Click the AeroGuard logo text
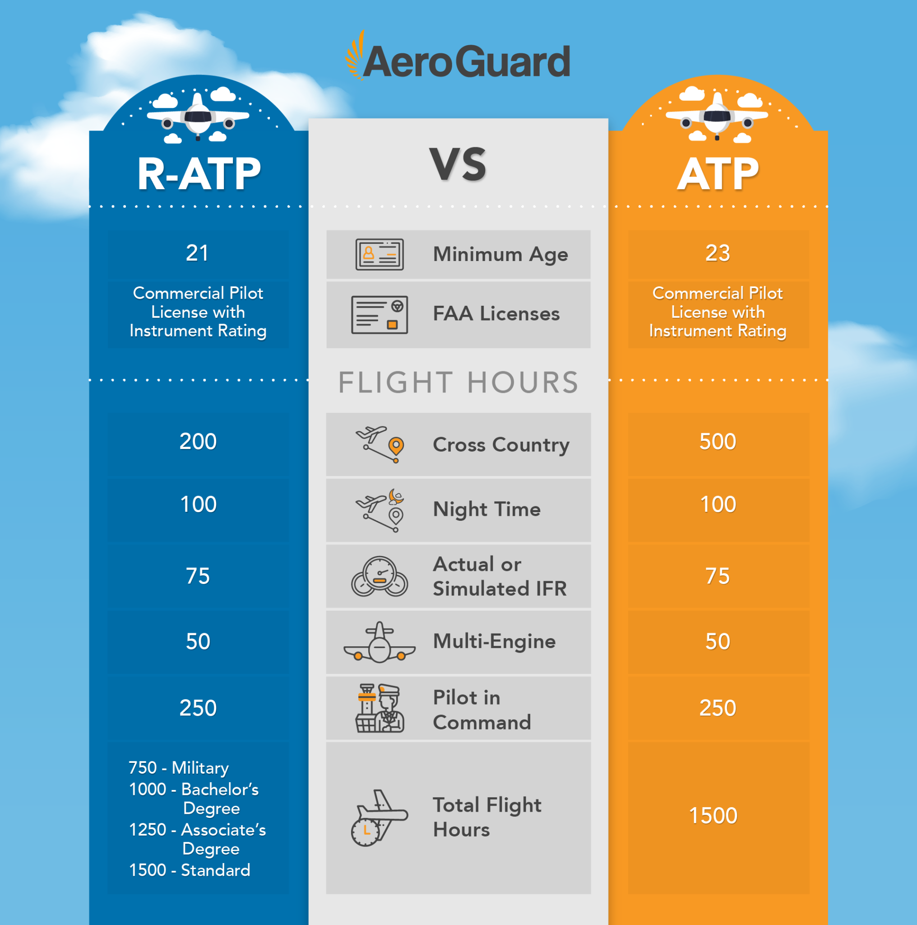point(466,61)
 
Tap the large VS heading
point(458,164)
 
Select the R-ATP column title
point(199,174)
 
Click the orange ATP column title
point(718,174)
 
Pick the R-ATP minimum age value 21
point(197,253)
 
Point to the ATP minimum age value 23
point(718,253)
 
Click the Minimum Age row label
point(500,255)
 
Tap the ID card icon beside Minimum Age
point(380,255)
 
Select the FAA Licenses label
point(496,314)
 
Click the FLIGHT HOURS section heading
point(458,383)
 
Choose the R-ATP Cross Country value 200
point(198,441)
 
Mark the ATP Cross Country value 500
point(718,441)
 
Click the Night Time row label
point(486,509)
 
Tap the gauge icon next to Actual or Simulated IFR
point(380,576)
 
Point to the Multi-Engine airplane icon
point(380,643)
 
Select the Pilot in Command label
point(482,710)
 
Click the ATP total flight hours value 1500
point(713,816)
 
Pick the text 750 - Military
point(178,767)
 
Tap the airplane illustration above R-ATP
point(198,117)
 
